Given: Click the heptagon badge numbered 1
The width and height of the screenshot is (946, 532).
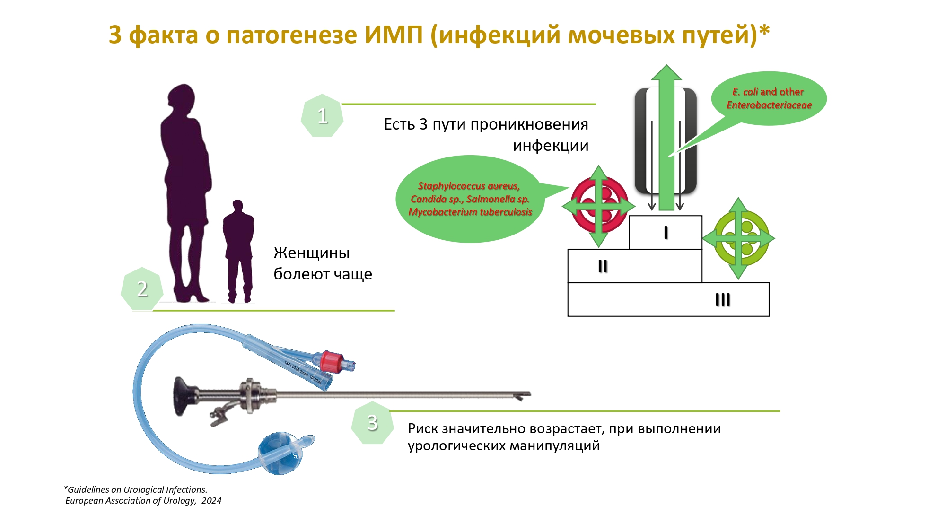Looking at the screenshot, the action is click(322, 115).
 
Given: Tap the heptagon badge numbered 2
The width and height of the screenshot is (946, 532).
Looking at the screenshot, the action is click(142, 288).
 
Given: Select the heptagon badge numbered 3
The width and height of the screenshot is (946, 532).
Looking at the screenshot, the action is click(373, 422).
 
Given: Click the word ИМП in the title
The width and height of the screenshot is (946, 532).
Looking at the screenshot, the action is click(394, 35).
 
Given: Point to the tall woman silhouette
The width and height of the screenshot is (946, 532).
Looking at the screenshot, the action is click(186, 193).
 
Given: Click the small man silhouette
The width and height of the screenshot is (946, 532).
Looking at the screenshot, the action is click(238, 251).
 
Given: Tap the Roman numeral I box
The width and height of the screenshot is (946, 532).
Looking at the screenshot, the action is click(666, 232).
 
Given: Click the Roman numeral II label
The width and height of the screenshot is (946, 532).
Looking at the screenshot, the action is click(603, 266).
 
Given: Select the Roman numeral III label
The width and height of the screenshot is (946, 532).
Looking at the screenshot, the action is click(723, 300).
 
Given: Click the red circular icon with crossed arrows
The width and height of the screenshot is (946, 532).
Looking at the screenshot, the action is click(599, 206).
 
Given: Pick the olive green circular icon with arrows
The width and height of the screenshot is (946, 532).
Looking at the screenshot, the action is click(738, 238).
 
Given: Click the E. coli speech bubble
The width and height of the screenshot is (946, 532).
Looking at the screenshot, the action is click(769, 98).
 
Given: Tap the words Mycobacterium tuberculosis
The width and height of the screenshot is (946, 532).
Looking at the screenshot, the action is click(470, 212).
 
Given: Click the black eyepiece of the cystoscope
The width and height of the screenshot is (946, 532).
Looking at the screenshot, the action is click(184, 396).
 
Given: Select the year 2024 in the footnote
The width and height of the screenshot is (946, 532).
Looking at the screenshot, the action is click(211, 501).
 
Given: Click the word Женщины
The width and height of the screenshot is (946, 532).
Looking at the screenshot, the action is click(312, 253).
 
